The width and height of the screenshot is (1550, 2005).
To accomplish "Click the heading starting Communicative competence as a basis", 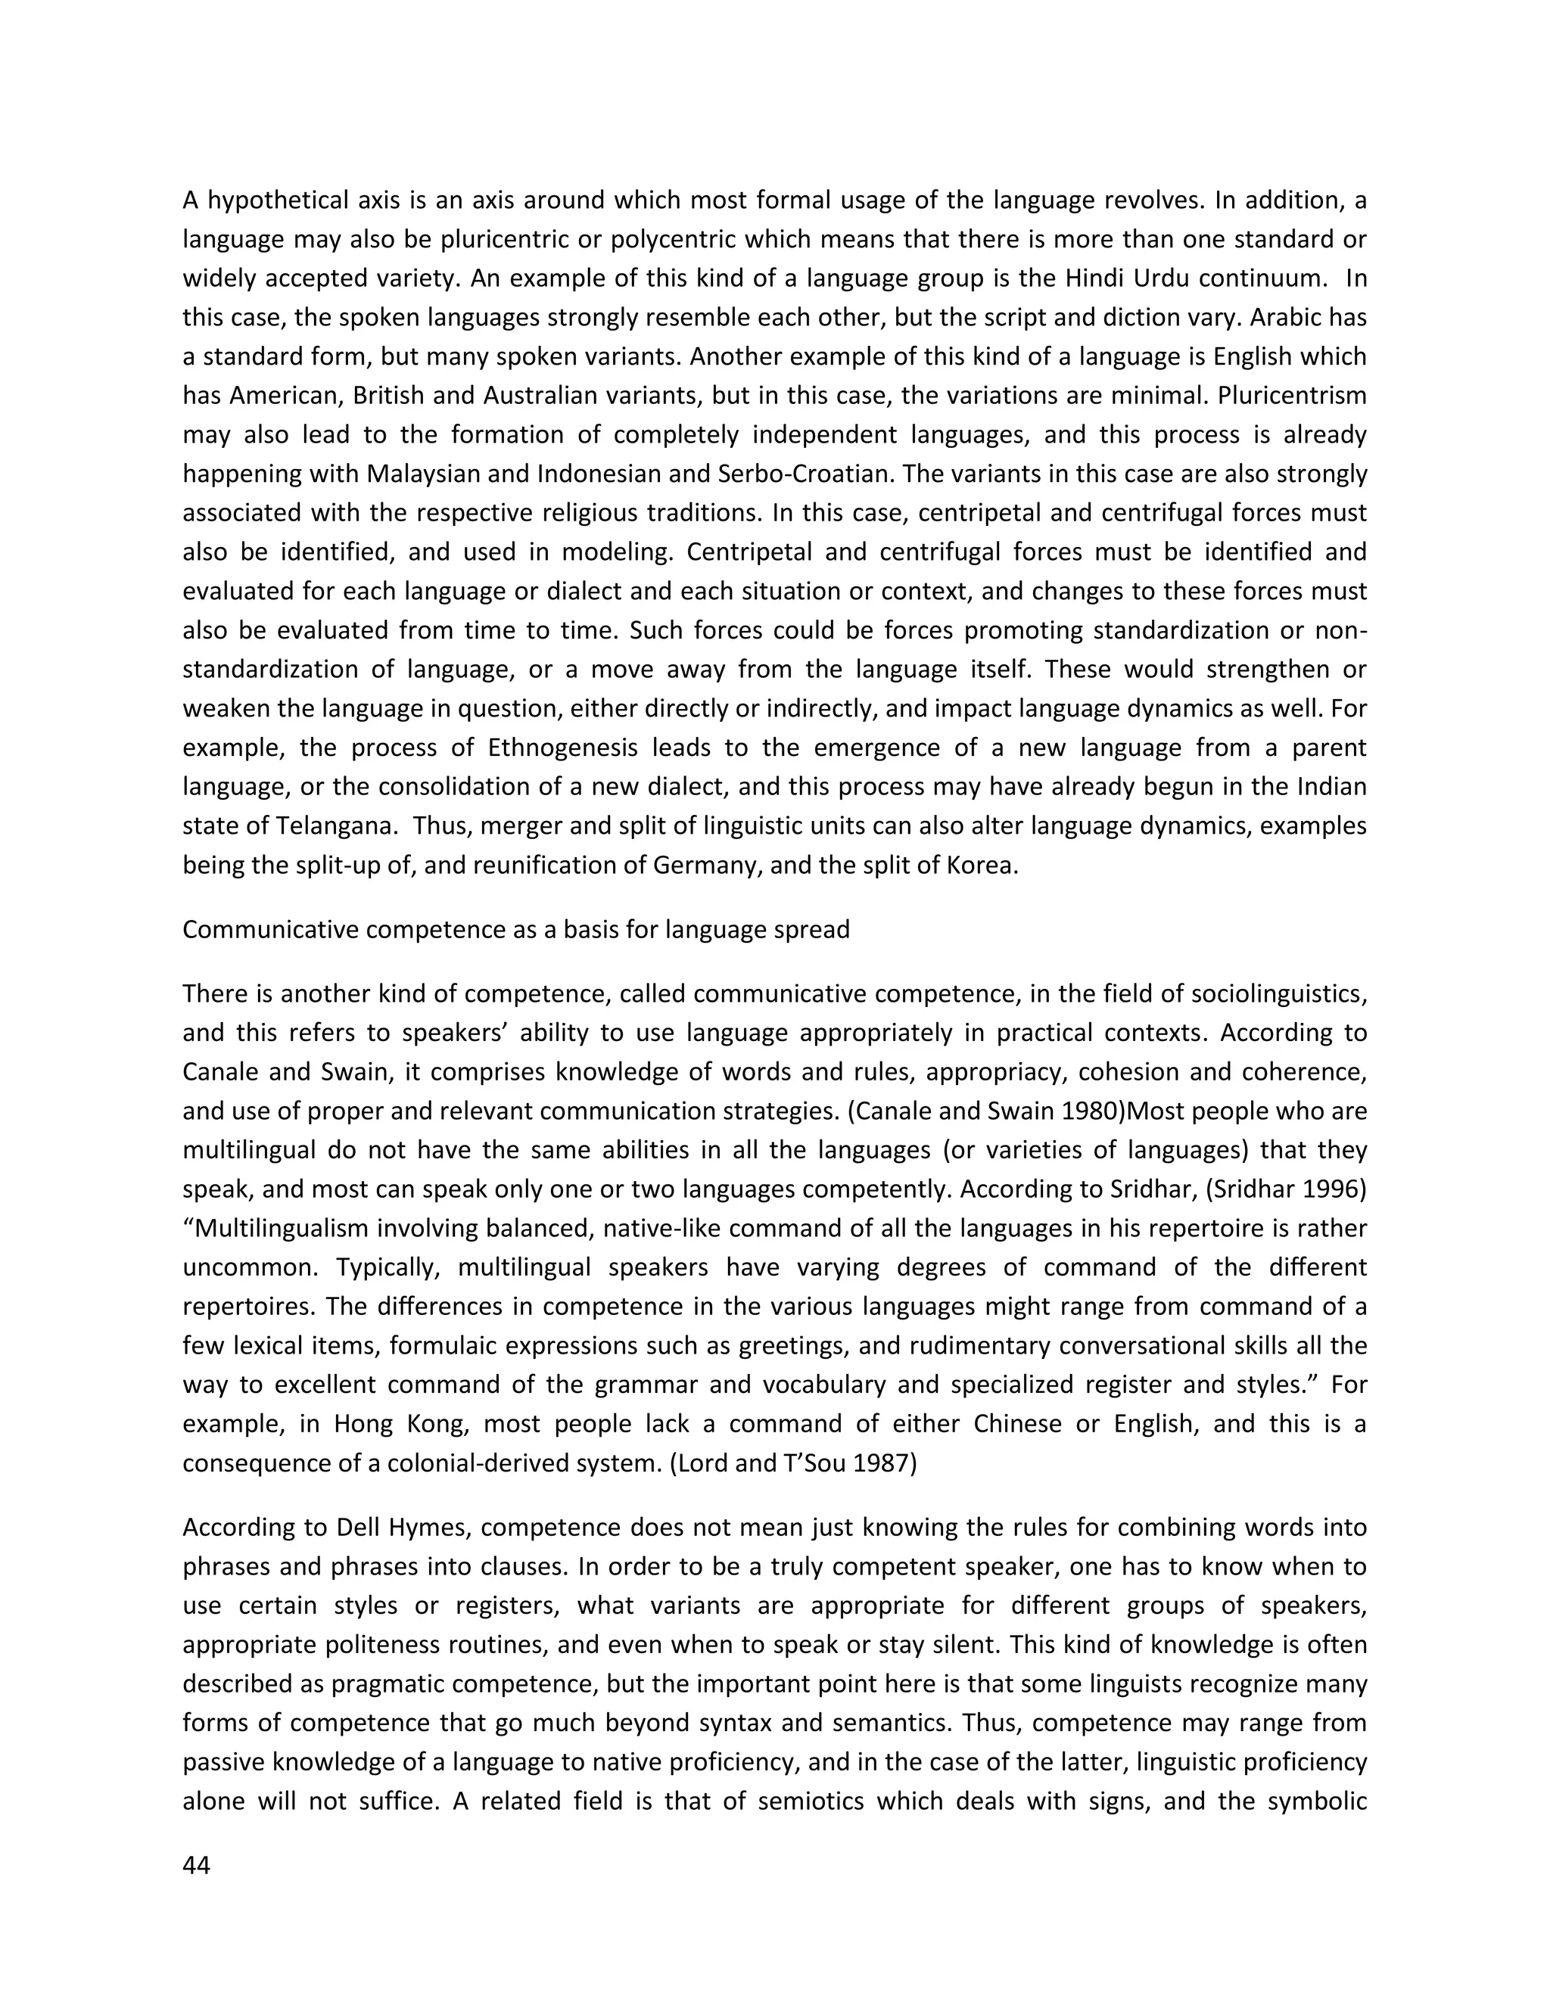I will pos(516,929).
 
